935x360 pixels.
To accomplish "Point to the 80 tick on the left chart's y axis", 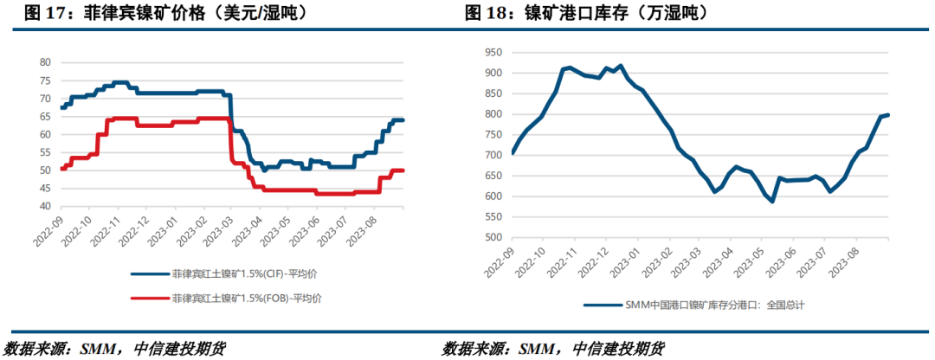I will click(x=45, y=62).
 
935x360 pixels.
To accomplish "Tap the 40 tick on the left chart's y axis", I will click(x=45, y=206).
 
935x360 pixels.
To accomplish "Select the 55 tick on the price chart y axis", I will click(x=45, y=152).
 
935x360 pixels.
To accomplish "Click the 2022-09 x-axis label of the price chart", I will click(x=50, y=232).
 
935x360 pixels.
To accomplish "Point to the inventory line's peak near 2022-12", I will click(x=620, y=66).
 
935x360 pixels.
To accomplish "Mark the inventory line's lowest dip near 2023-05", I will click(x=771, y=201).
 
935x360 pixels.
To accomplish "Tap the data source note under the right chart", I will click(x=554, y=349).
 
